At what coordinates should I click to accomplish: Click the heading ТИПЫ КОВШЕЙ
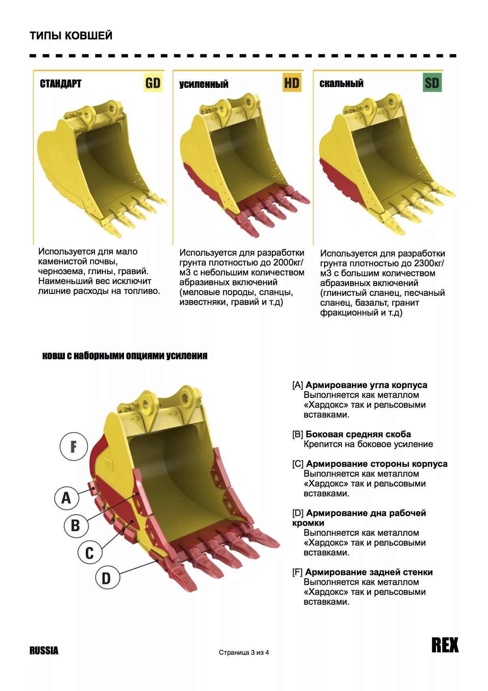[x=71, y=35]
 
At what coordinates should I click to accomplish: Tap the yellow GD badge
[x=153, y=83]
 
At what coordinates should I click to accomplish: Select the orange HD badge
[x=292, y=83]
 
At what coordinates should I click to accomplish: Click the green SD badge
[x=432, y=83]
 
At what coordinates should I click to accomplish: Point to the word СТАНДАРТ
[x=61, y=84]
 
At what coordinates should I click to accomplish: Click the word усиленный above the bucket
[x=204, y=84]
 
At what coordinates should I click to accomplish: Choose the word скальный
[x=341, y=83]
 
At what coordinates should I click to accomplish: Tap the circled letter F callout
[x=74, y=446]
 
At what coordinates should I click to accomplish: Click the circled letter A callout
[x=66, y=497]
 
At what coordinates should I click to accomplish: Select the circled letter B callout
[x=76, y=525]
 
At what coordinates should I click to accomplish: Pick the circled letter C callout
[x=89, y=552]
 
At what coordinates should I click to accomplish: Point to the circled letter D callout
[x=107, y=578]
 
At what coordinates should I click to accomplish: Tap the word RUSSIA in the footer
[x=44, y=650]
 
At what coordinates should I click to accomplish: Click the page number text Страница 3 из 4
[x=244, y=652]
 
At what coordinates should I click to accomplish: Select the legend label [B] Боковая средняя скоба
[x=351, y=434]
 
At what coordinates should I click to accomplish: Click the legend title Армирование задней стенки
[x=369, y=572]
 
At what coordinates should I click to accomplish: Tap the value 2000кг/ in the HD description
[x=288, y=262]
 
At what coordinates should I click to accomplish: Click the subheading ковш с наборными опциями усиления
[x=124, y=355]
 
